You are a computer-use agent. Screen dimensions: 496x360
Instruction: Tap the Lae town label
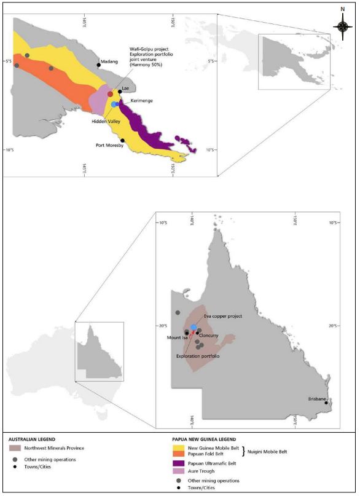[125, 88]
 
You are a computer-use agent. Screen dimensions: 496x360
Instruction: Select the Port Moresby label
[109, 146]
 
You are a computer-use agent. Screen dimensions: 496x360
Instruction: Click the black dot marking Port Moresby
[122, 140]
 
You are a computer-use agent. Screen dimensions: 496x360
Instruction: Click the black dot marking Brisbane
[326, 403]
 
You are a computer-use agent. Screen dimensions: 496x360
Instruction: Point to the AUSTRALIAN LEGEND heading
[41, 439]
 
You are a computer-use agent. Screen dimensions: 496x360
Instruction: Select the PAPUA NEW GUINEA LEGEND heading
[211, 439]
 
